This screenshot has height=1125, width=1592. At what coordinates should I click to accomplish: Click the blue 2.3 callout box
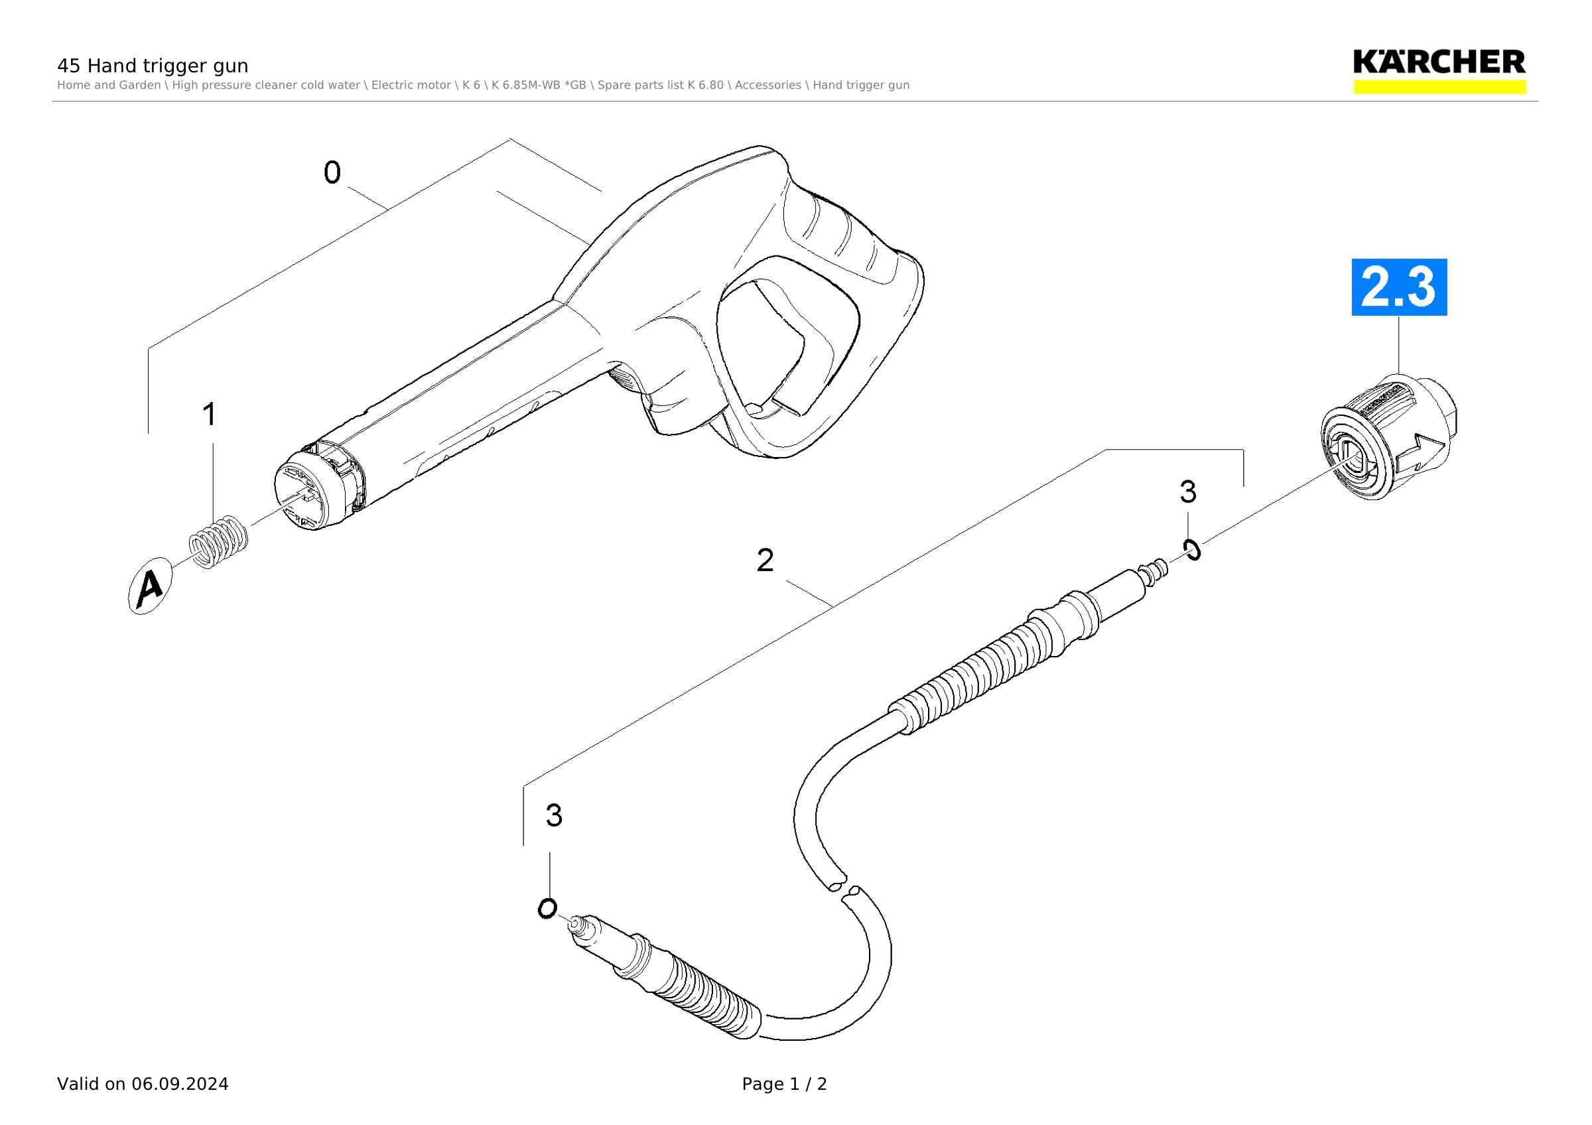coord(1398,287)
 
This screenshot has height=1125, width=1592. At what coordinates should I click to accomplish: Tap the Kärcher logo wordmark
coord(1439,62)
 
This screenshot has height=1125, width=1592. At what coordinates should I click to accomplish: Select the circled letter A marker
coord(150,586)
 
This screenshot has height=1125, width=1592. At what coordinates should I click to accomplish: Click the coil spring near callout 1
coord(218,542)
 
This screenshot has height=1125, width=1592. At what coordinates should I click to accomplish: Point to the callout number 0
coord(332,172)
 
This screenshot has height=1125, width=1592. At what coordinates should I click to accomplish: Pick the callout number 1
coord(210,414)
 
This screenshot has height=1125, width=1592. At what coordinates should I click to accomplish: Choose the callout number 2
coord(765,560)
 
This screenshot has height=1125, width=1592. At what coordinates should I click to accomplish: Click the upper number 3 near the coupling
coord(1188,492)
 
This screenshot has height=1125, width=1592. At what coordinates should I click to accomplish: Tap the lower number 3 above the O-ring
coord(553,815)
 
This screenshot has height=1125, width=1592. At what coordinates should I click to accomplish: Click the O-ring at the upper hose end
coord(1193,550)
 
